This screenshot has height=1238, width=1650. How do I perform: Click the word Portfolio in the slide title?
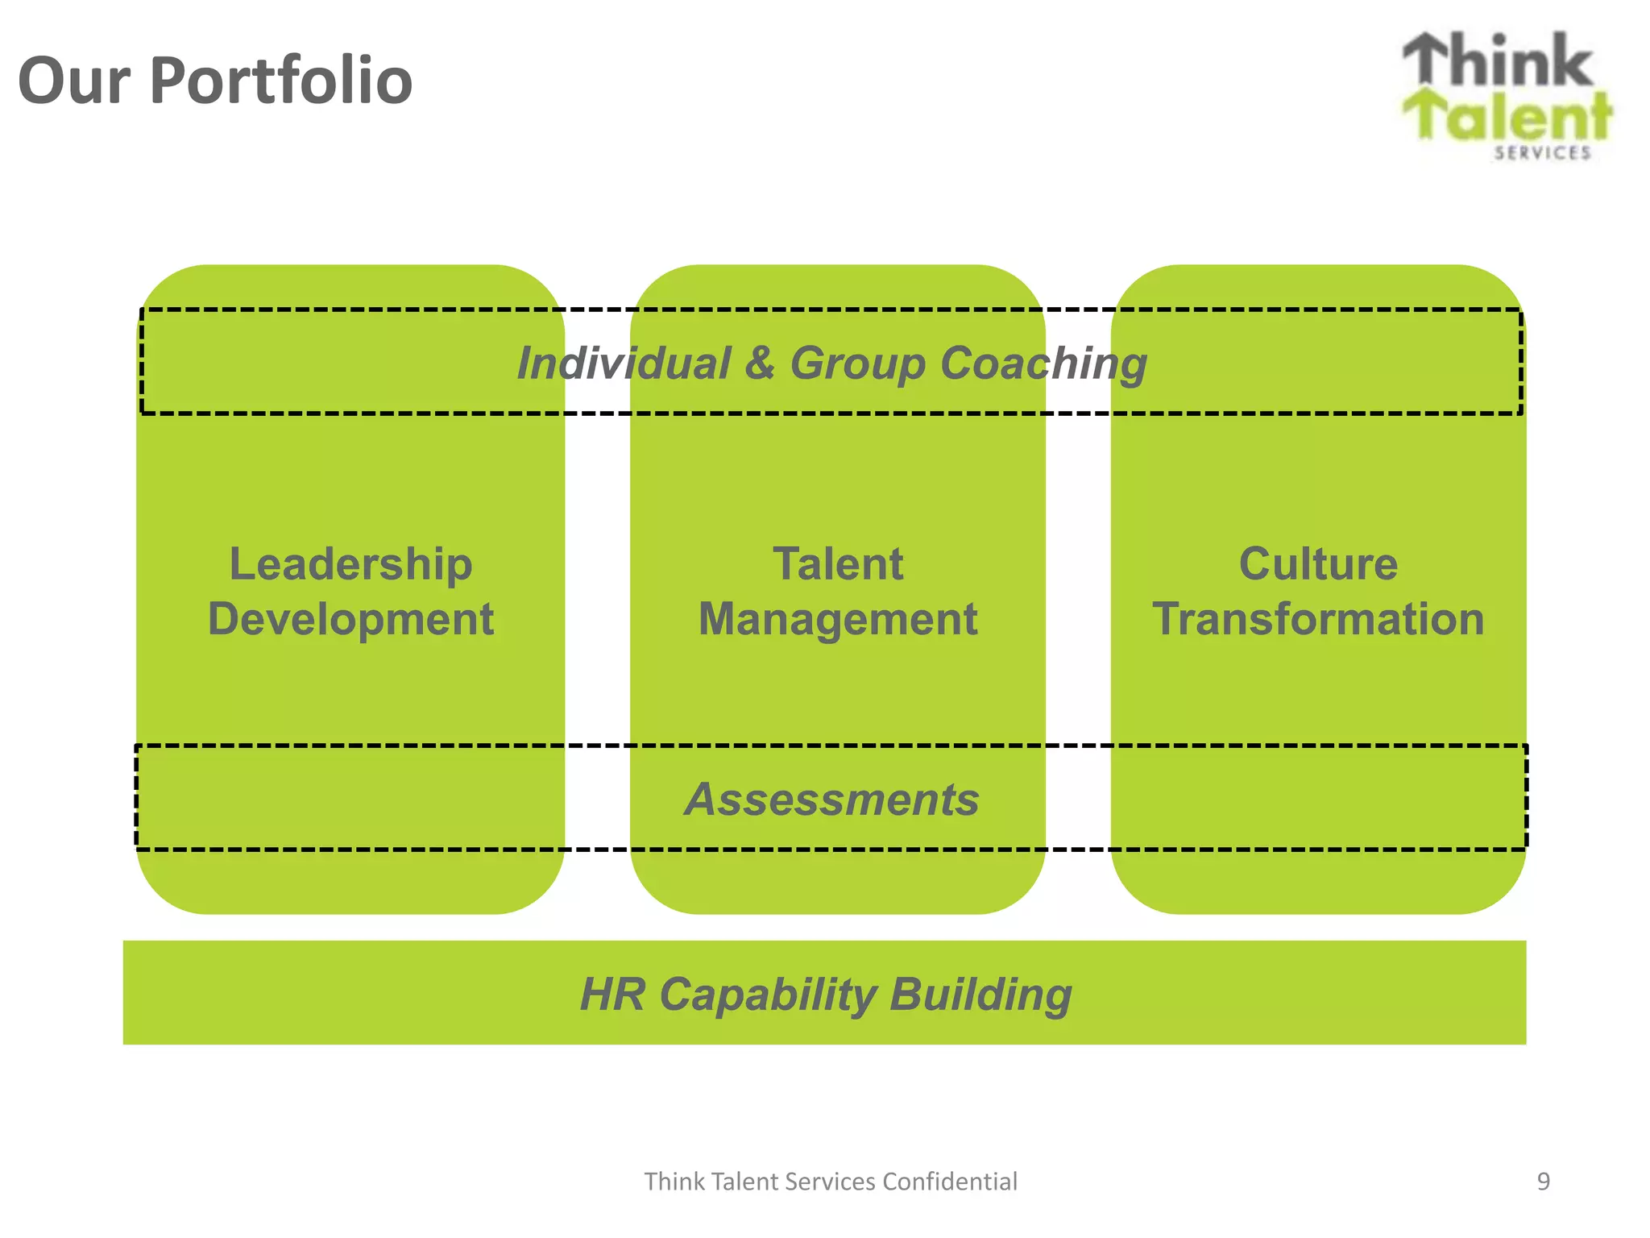coord(281,81)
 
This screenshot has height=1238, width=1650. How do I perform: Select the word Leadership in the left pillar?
coord(350,563)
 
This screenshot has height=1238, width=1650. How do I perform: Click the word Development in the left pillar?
coord(350,619)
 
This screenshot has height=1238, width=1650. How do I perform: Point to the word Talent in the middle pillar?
coord(838,563)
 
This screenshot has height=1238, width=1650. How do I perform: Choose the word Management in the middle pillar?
coord(838,619)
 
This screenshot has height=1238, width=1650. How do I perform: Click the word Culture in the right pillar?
coord(1318,563)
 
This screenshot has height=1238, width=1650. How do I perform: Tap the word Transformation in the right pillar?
coord(1318,619)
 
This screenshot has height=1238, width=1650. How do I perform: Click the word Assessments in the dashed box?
coord(831,800)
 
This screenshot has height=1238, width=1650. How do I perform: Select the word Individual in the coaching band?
coord(624,363)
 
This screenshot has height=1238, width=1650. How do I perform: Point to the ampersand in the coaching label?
coord(759,363)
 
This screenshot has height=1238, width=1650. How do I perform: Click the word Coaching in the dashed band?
coord(1043,363)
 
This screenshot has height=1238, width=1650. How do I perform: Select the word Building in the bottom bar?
coord(980,995)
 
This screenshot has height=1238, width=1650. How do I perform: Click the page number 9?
coord(1543,1182)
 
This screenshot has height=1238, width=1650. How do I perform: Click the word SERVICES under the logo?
coord(1542,153)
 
